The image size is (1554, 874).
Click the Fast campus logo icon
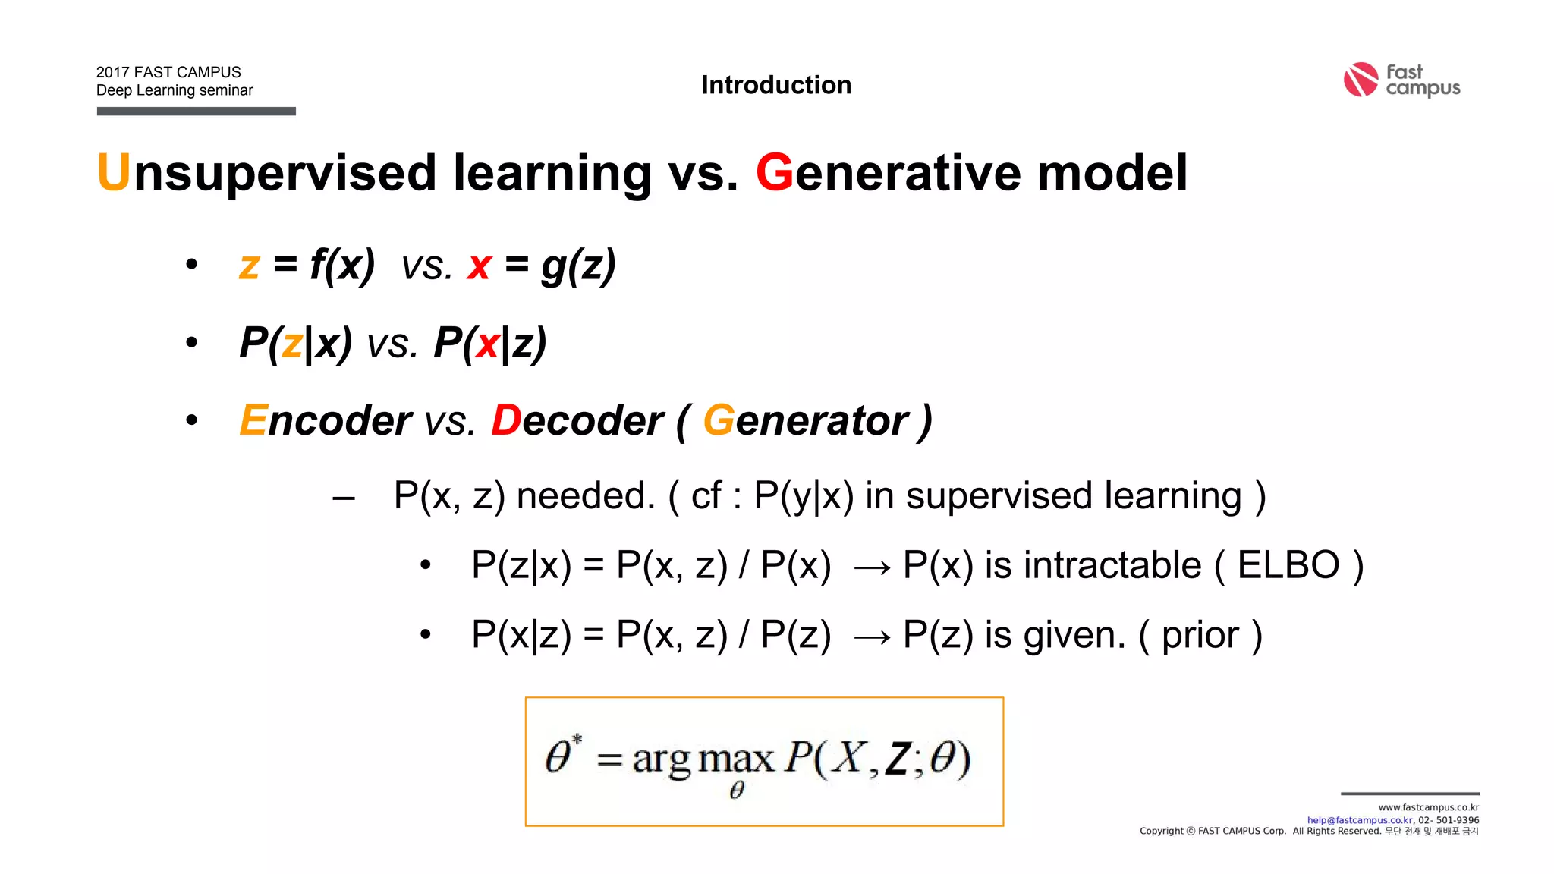click(x=1361, y=80)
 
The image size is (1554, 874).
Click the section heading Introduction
click(x=775, y=85)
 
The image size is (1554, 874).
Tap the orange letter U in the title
click(x=114, y=172)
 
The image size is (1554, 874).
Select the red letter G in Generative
click(x=774, y=172)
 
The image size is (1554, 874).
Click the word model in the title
click(x=1112, y=172)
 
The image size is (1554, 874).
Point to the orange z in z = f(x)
click(x=249, y=266)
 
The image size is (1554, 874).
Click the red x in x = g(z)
click(x=480, y=266)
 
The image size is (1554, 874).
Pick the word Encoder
click(x=326, y=420)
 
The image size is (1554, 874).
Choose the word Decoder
click(x=577, y=420)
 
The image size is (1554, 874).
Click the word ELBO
click(x=1288, y=565)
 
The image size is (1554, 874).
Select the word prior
click(x=1200, y=635)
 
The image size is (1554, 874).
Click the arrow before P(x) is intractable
click(x=872, y=567)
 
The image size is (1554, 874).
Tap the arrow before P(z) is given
click(x=872, y=637)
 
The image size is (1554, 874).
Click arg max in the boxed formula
click(x=703, y=759)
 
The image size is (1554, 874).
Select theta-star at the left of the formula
click(x=562, y=754)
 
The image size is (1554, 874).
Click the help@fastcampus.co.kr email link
click(x=1360, y=820)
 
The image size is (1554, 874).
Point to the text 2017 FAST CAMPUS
click(x=168, y=72)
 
